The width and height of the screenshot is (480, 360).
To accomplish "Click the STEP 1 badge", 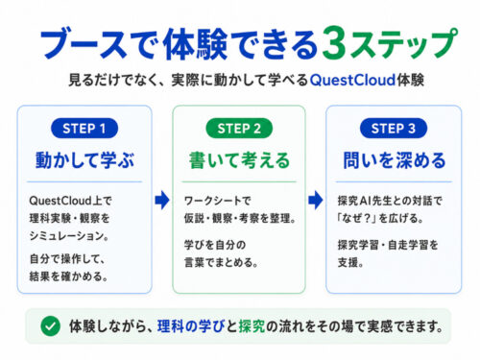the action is [x=84, y=129].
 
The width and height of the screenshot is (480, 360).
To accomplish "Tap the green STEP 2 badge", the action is [x=239, y=129].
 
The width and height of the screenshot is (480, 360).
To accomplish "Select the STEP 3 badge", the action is [x=394, y=129].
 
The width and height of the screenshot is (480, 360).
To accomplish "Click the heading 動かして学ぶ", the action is [x=84, y=160].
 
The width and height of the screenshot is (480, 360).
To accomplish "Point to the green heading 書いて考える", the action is [x=239, y=160].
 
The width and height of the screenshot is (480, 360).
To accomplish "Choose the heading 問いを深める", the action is [x=394, y=160].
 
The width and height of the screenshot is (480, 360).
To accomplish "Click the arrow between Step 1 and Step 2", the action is [x=162, y=201].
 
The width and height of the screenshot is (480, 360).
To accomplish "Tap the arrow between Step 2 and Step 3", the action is [x=316, y=201].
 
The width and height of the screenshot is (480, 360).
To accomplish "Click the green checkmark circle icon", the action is [x=50, y=326].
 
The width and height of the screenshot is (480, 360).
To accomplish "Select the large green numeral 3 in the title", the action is [x=335, y=43].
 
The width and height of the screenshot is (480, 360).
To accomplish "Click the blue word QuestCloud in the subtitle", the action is [x=352, y=80].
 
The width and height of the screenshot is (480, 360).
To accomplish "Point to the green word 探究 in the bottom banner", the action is [x=252, y=326].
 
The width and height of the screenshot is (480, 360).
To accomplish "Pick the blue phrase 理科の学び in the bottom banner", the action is [x=191, y=326].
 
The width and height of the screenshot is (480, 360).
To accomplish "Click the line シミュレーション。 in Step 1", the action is [x=69, y=236].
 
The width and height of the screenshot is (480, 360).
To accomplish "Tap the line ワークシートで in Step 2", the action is [x=217, y=201].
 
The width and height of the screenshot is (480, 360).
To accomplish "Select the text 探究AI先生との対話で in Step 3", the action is [x=390, y=201].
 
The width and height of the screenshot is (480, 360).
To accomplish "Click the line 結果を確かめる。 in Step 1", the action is [x=68, y=276].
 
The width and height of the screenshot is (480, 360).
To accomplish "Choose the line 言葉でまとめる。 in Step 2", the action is [x=221, y=262].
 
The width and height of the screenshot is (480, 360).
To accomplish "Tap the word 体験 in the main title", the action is [x=195, y=44].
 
